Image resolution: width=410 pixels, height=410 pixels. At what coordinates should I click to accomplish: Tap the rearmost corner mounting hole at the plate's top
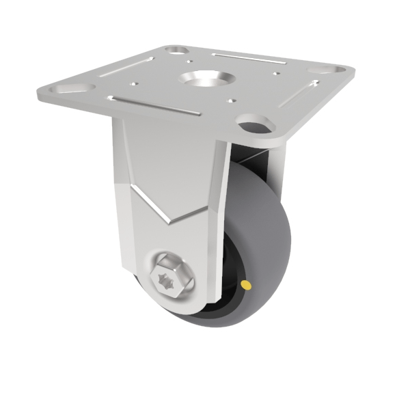[178, 50]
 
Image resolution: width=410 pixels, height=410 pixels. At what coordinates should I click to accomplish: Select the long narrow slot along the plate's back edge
[243, 57]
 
